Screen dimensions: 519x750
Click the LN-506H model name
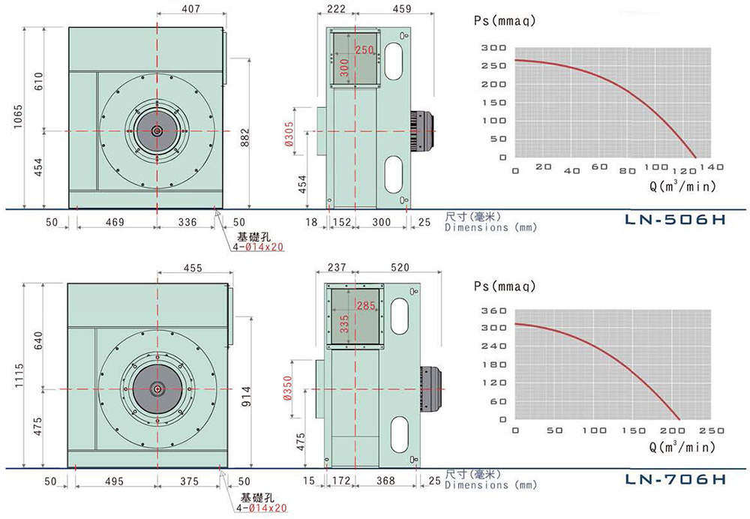tap(676, 220)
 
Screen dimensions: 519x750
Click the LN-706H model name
tap(676, 478)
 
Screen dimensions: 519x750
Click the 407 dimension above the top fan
tap(190, 10)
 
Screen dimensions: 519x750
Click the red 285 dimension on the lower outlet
tap(365, 305)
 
